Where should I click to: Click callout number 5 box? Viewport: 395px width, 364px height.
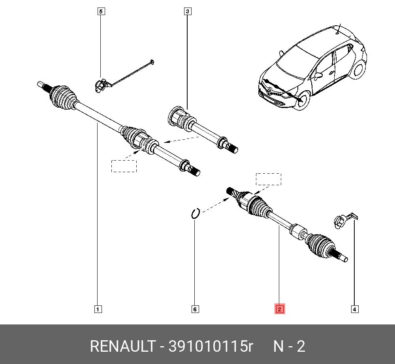tap(101, 11)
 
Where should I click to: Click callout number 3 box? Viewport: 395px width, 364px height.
tap(187, 11)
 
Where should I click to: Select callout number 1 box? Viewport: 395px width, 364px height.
tap(98, 309)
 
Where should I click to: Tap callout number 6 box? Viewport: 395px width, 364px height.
tap(195, 309)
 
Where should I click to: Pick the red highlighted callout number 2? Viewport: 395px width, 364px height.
tap(280, 309)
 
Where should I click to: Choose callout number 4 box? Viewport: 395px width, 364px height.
tap(354, 309)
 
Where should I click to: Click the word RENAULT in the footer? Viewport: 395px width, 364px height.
tap(122, 346)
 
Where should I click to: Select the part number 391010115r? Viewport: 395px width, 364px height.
tap(211, 346)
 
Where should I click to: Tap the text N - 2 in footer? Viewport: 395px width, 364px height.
tap(289, 346)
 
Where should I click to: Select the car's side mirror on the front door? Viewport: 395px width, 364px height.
tap(318, 75)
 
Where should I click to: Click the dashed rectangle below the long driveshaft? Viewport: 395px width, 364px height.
tap(124, 166)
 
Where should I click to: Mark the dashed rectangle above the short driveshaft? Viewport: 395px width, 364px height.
tap(269, 179)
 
